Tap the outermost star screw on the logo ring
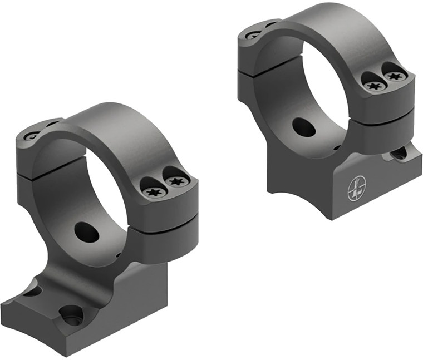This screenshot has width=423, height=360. (x=394, y=75)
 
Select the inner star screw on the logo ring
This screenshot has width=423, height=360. (x=375, y=86)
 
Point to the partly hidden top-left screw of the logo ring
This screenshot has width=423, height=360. (x=253, y=35)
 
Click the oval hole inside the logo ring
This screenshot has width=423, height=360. (x=303, y=126)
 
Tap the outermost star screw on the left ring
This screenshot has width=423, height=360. (x=176, y=181)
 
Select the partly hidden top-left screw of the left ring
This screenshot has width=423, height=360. (x=32, y=135)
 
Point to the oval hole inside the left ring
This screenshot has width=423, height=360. (x=86, y=231)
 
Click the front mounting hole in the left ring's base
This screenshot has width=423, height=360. (x=71, y=315)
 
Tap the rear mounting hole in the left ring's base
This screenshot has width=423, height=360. (x=32, y=290)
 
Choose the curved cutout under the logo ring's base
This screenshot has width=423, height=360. (x=289, y=184)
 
